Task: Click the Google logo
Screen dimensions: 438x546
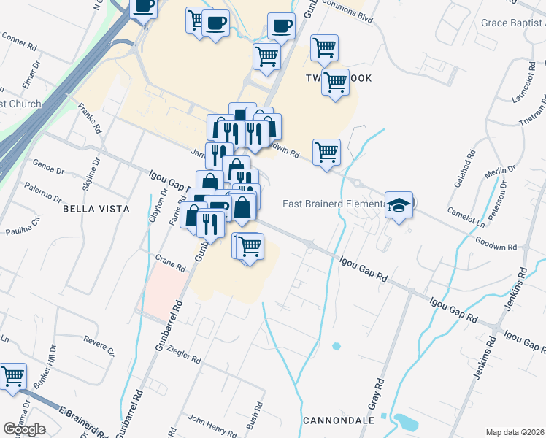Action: pyautogui.click(x=24, y=429)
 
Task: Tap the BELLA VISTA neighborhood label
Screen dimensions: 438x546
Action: pyautogui.click(x=96, y=209)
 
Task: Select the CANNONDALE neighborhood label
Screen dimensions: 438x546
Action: pyautogui.click(x=338, y=421)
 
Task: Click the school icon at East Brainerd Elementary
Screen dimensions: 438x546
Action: pyautogui.click(x=399, y=206)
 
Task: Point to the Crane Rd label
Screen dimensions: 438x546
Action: pyautogui.click(x=171, y=263)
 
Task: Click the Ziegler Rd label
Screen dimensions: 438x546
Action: pyautogui.click(x=183, y=355)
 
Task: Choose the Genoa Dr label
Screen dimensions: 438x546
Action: pyautogui.click(x=49, y=167)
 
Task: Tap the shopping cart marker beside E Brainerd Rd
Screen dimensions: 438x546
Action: pyautogui.click(x=14, y=378)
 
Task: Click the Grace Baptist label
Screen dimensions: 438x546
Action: pyautogui.click(x=513, y=23)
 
